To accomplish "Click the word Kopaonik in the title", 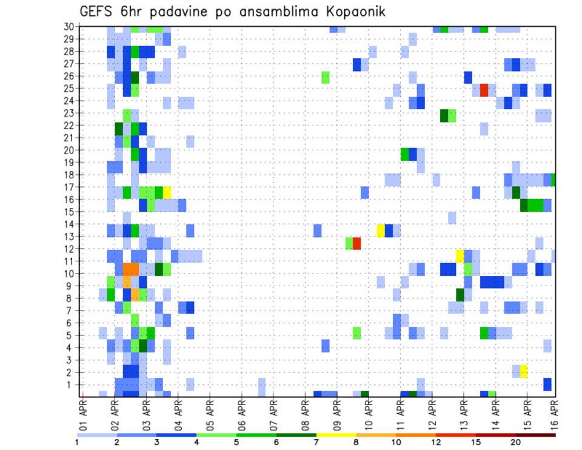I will coord(349,11).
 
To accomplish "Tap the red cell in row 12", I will coord(357,243).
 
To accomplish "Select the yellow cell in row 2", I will coord(523,371).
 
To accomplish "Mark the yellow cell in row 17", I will coord(167,192).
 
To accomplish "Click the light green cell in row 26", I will coord(326,77).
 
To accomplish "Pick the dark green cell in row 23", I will coord(444,115).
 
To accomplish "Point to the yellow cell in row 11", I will coord(460,255).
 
